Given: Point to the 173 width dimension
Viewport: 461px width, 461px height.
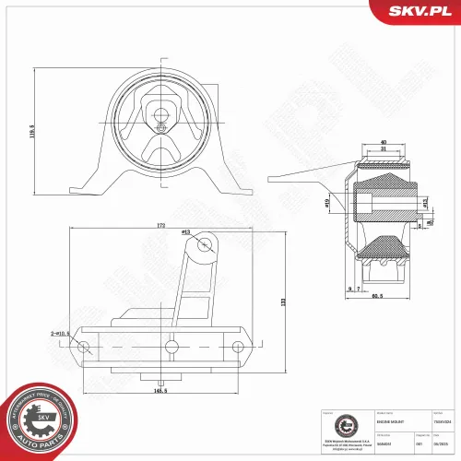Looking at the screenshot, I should click(x=160, y=225).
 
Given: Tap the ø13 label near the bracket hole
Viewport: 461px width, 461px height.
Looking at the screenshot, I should click(x=185, y=232).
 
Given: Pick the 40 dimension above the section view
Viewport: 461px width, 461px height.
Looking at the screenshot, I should click(x=384, y=141).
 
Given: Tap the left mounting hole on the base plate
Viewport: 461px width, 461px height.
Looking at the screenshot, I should click(x=84, y=347).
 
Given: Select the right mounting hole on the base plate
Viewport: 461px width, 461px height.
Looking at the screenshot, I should click(x=238, y=347).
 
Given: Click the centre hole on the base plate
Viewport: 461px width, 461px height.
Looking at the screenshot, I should click(x=170, y=347).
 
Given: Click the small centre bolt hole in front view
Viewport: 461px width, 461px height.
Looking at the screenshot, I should click(x=160, y=115).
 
